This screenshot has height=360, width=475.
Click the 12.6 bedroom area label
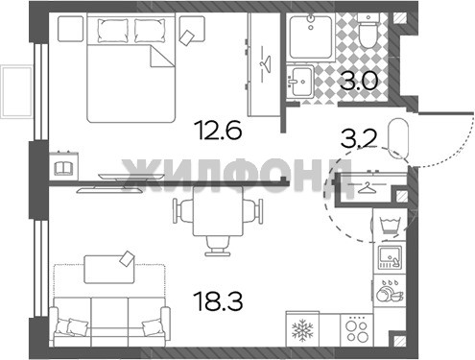(x=219, y=129)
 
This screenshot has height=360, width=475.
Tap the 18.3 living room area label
(x=219, y=300)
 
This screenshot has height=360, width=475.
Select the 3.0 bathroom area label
(x=359, y=81)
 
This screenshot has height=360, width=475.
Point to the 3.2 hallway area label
(x=359, y=138)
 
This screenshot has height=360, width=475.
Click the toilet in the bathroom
(x=368, y=31)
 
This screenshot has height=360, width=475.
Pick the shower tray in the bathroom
(x=311, y=36)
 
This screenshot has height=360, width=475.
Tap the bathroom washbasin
(x=299, y=81)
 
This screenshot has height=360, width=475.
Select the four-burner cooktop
(x=357, y=329)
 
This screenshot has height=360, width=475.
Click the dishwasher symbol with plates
(x=389, y=291)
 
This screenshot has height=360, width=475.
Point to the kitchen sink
(x=390, y=257)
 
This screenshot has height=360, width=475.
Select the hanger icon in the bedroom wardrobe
(x=265, y=62)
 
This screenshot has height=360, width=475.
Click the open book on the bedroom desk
(x=64, y=168)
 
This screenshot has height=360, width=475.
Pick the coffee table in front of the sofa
(x=109, y=269)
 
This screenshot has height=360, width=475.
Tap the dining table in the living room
(x=218, y=211)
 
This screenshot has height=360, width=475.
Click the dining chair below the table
(x=218, y=246)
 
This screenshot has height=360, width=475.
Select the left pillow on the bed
(x=113, y=31)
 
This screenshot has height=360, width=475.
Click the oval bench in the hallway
(x=398, y=139)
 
